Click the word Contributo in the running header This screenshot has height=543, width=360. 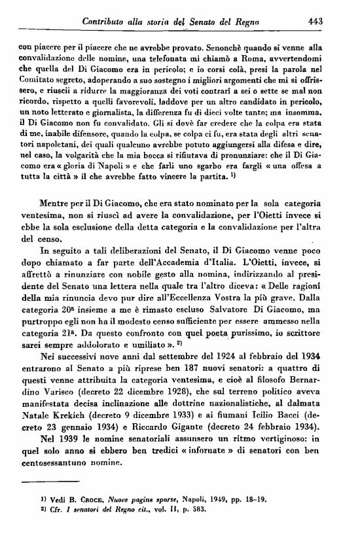coord(107,21)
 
